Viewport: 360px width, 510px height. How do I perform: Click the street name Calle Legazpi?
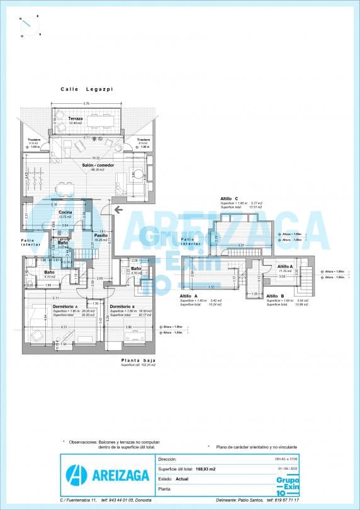tap(86, 89)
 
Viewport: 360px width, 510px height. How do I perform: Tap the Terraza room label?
tap(76, 118)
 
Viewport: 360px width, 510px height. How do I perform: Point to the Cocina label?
tap(65, 213)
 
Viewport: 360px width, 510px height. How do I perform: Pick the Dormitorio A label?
tap(65, 307)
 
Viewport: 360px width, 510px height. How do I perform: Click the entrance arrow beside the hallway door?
tap(118, 210)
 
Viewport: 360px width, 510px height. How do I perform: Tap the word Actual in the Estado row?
tap(182, 479)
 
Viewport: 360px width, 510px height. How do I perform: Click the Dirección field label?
tap(168, 460)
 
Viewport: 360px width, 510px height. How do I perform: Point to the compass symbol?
tap(30, 25)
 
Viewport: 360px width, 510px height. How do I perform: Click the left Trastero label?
tap(34, 140)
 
